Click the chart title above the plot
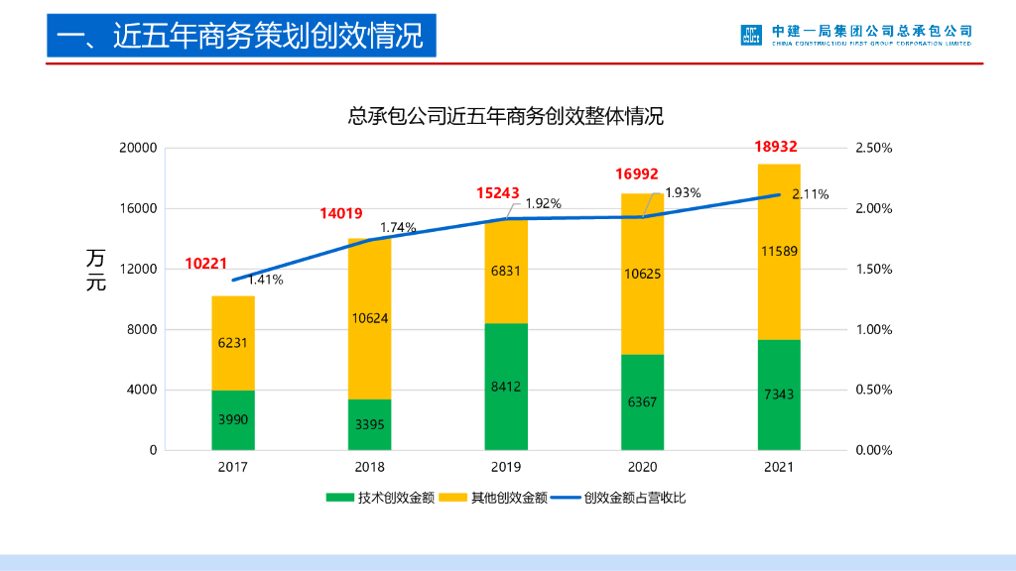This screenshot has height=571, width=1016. (x=505, y=116)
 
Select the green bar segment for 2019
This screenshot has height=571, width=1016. (x=506, y=387)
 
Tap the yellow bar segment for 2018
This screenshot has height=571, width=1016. (x=369, y=318)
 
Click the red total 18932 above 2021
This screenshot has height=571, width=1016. (x=776, y=147)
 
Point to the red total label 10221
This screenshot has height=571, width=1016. (x=206, y=264)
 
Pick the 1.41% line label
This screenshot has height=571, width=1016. (x=265, y=280)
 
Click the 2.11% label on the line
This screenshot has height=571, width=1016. (x=811, y=194)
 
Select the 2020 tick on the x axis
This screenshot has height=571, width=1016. (x=642, y=466)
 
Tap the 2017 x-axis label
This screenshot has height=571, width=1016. (x=233, y=466)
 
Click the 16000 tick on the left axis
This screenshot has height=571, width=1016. (x=139, y=208)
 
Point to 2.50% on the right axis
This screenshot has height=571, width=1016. (x=873, y=148)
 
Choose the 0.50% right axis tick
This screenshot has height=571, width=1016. (x=873, y=390)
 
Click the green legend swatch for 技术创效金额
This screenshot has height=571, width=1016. (x=339, y=498)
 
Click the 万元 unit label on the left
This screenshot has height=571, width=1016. (x=96, y=270)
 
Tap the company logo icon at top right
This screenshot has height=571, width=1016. (x=750, y=35)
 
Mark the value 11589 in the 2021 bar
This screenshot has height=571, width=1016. (x=779, y=251)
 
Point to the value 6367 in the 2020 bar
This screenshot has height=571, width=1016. (x=642, y=401)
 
